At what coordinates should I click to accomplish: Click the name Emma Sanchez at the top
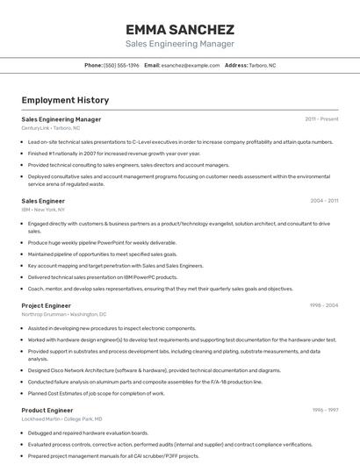coord(180,29)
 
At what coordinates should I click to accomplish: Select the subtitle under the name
coord(180,43)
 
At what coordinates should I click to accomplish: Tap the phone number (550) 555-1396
coord(121,65)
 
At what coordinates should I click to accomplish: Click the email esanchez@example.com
coord(190,65)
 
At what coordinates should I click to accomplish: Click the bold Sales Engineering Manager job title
coord(61,119)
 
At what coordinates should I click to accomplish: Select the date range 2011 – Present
coord(321,119)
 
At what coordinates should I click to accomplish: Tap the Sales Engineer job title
coord(43,201)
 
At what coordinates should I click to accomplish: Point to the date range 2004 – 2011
coord(324,201)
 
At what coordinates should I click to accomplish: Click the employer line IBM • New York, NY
coord(43,210)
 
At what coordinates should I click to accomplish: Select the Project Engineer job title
coord(46,305)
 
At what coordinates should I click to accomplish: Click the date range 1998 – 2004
coord(324,305)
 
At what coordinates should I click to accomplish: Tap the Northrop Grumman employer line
coord(63,314)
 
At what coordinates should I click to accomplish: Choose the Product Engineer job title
coord(47,410)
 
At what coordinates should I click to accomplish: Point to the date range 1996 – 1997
coord(325,410)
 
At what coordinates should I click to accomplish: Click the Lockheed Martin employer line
coord(61,418)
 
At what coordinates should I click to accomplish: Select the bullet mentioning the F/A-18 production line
coord(145,382)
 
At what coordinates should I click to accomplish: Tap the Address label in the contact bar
coord(236,65)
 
